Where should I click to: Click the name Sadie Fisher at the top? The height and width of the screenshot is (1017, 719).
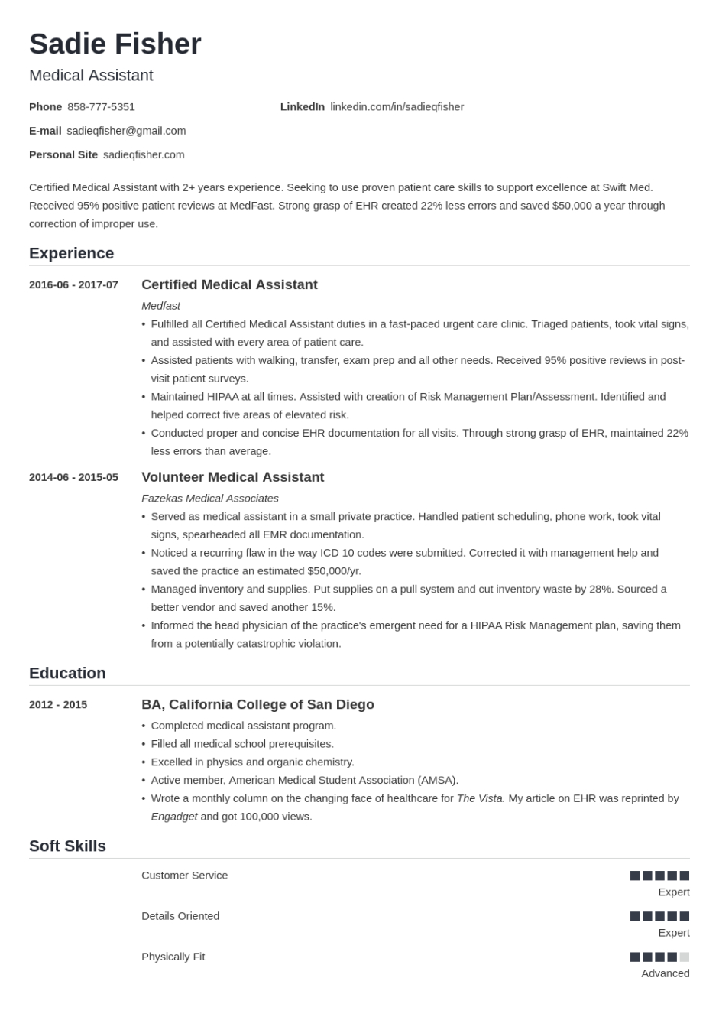(x=115, y=44)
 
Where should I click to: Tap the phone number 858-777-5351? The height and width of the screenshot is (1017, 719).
(x=101, y=107)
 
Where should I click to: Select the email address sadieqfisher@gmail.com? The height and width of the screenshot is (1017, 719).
(x=126, y=131)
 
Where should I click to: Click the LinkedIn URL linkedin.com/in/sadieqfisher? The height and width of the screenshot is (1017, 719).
(x=397, y=107)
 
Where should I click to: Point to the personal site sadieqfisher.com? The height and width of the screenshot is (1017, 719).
(x=144, y=154)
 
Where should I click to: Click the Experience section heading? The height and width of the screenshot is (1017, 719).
(x=71, y=253)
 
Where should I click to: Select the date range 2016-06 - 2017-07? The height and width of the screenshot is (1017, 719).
(x=73, y=285)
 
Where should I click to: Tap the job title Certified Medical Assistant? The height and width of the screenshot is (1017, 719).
(x=229, y=285)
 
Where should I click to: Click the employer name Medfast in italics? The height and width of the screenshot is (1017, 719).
(x=160, y=306)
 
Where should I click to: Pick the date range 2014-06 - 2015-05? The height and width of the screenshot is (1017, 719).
(x=73, y=478)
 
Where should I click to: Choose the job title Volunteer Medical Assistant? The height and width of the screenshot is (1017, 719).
(x=232, y=478)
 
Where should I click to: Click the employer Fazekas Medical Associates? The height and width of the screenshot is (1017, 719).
(x=209, y=499)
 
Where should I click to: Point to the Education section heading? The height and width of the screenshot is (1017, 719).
(x=67, y=673)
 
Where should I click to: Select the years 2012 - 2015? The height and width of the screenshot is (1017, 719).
(x=58, y=705)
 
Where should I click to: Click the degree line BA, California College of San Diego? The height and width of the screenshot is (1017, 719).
(x=257, y=705)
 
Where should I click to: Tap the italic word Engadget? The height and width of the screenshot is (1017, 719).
(x=173, y=817)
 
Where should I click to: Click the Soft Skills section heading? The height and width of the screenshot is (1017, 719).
(x=67, y=846)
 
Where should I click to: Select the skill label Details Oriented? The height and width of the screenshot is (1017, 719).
(x=180, y=916)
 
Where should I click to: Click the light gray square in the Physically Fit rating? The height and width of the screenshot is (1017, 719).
(x=685, y=957)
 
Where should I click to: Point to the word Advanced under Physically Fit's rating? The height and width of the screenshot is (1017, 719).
(x=665, y=973)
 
